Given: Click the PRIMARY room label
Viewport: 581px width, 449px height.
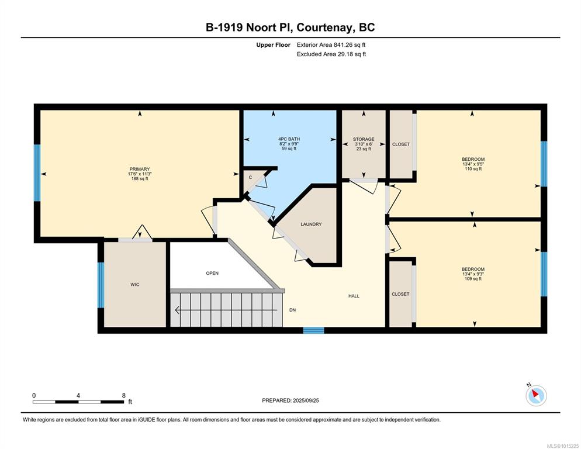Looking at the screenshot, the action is tap(139, 169).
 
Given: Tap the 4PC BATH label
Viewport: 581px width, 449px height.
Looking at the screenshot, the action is tap(289, 139).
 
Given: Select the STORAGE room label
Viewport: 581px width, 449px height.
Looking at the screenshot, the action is tap(364, 139).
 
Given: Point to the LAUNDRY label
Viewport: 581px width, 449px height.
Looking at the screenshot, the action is tap(311, 224).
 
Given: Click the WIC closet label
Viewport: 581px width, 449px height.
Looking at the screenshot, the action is tap(135, 285).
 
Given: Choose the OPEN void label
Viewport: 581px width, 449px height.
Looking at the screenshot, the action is tap(212, 273).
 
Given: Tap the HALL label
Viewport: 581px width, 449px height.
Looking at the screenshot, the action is tap(354, 296).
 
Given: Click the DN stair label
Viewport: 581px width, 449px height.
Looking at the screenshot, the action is tap(292, 310).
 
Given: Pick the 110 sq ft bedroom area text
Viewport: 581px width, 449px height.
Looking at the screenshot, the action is tap(473, 169).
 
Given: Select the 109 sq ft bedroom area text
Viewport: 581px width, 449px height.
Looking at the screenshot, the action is tap(473, 278).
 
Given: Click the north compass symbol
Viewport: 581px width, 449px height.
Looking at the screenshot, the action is tap(536, 395).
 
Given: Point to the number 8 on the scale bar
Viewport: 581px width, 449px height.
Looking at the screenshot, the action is tap(124, 396).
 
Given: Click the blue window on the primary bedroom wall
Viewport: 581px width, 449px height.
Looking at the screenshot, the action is tap(37, 173).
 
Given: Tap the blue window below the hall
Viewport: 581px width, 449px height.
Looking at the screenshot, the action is tap(313, 330).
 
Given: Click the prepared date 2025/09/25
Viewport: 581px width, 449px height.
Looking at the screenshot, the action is tap(306, 400).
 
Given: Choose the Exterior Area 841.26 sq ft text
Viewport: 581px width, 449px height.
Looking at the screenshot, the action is tap(331, 45).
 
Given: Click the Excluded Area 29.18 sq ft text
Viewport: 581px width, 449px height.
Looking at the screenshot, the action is tap(331, 54).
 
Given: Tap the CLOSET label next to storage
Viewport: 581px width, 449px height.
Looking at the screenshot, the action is tap(401, 144).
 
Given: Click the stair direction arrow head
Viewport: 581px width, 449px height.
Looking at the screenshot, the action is tap(178, 310).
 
